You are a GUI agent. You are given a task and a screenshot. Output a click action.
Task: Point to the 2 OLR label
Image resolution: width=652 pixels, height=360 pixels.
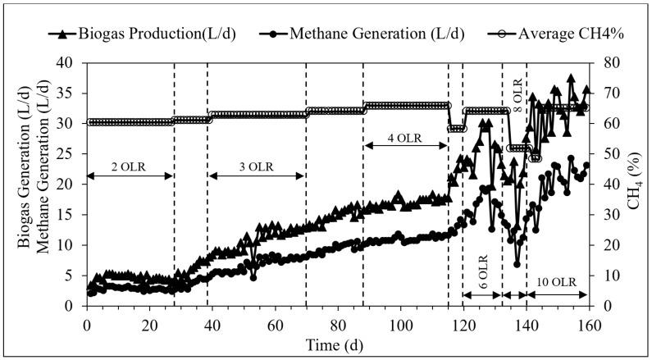tap(130, 166)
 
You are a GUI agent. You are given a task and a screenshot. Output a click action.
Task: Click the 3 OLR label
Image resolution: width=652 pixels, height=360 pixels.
tap(256, 166)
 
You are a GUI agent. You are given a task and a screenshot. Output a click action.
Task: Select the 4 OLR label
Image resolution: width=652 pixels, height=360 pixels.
tap(405, 137)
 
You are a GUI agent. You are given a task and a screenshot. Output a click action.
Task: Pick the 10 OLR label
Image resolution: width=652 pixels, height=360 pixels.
tap(556, 283)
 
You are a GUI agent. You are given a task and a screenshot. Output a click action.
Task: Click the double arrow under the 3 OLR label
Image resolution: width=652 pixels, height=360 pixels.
tap(256, 176)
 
